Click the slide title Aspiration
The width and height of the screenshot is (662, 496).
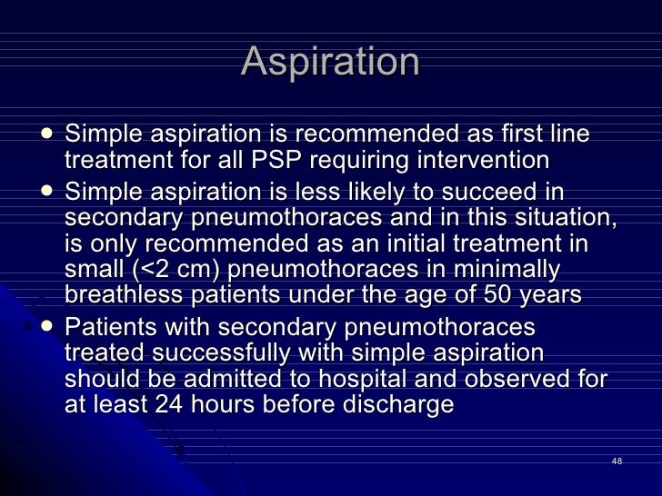click(x=331, y=63)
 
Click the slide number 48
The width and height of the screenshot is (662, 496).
click(x=617, y=462)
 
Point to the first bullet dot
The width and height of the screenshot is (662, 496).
click(x=47, y=134)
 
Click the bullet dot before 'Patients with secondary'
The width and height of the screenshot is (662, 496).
click(x=47, y=325)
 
